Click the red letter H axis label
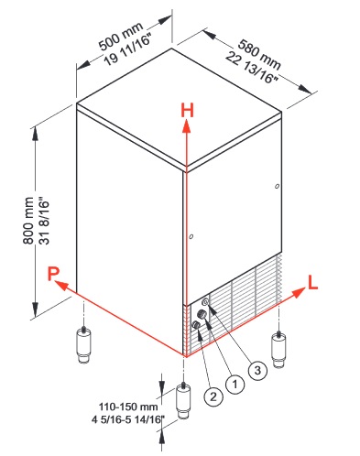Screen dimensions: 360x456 coord(187,111)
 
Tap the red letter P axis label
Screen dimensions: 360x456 coord(53,274)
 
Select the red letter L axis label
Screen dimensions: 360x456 coord(312,282)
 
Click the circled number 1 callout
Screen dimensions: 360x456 coord(235,384)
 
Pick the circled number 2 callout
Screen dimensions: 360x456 coord(213,396)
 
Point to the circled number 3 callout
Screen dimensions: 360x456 coord(257,370)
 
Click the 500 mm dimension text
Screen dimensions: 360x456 coord(121,36)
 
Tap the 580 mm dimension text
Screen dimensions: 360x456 coord(259,54)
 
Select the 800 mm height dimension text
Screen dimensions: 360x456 coord(28,221)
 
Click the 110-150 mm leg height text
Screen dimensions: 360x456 coord(128,407)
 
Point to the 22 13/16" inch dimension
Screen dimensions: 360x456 coord(251,68)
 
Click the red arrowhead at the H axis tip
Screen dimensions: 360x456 coord(187,126)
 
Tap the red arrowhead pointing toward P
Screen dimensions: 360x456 coord(61,285)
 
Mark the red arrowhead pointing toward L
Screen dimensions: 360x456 coord(299,292)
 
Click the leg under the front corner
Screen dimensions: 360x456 coord(183,400)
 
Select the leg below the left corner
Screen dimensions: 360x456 coord(83,345)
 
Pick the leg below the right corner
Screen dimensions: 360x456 coord(278,350)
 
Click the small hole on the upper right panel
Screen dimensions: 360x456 coord(277,186)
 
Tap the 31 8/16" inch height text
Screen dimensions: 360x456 coord(44,223)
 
